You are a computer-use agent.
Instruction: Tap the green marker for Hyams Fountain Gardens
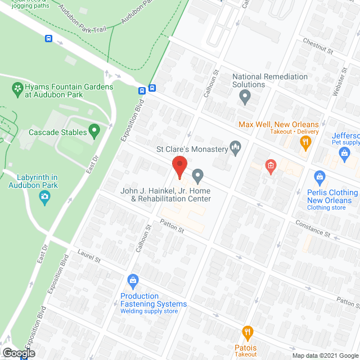[17, 88]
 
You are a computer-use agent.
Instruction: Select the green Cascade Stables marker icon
[94, 132]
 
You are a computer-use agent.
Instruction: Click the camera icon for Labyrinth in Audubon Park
[44, 196]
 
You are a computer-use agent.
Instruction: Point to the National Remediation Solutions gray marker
[245, 98]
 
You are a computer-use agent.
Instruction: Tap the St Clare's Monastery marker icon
[236, 148]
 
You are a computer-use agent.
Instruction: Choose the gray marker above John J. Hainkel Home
[197, 177]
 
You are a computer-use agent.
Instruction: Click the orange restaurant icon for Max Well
[305, 143]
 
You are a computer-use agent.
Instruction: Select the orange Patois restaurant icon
[246, 332]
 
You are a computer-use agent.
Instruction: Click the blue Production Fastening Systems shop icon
[133, 280]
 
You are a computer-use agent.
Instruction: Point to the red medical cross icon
[271, 165]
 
